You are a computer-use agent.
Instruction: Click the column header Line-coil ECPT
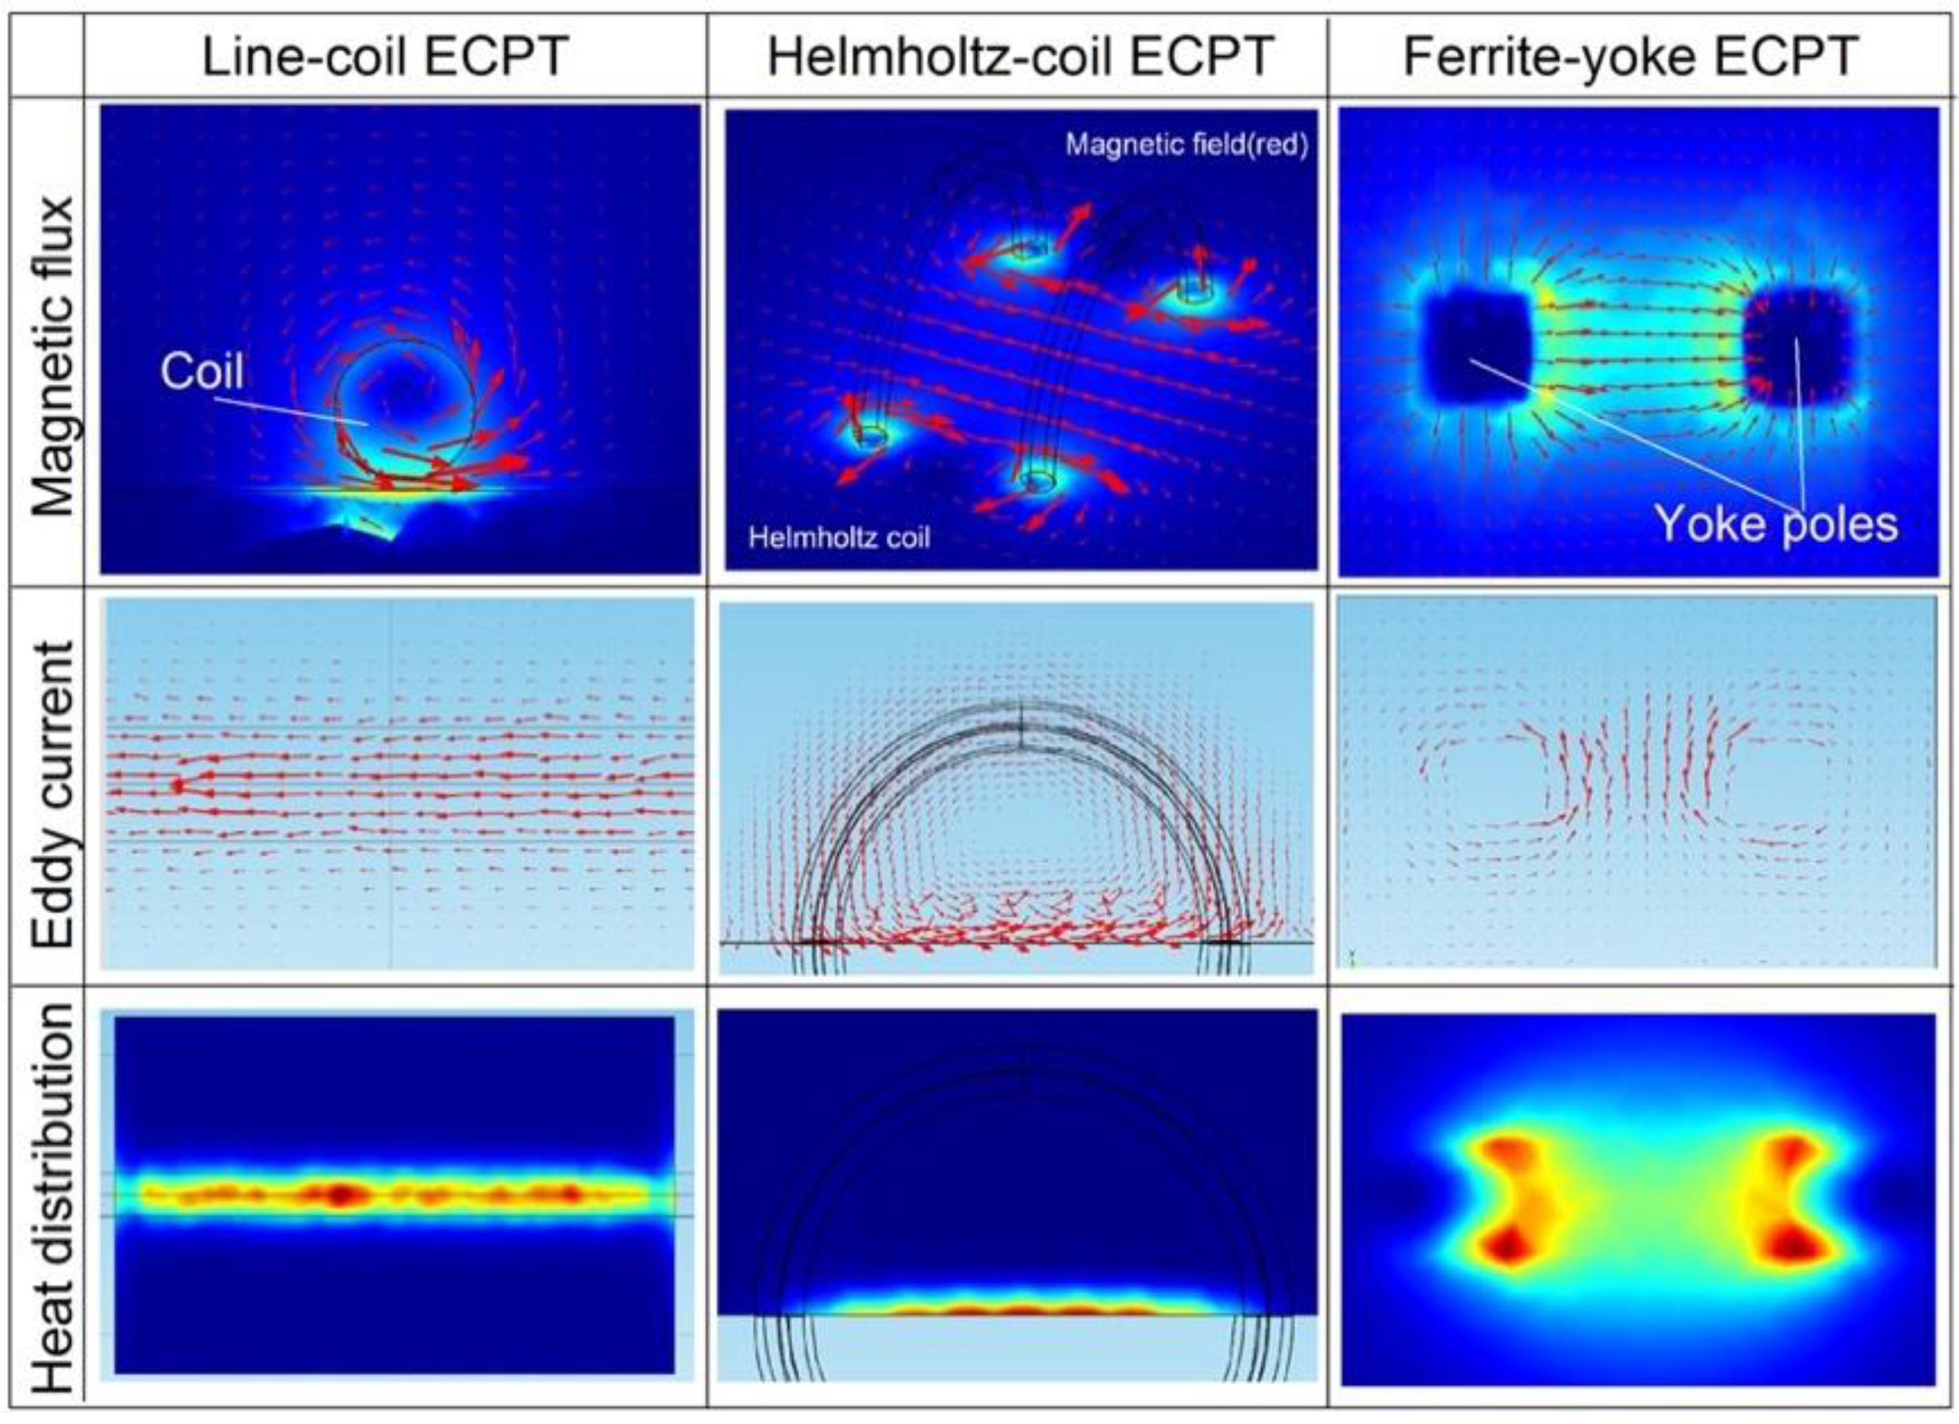click(384, 57)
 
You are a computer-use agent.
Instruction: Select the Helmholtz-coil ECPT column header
click(1020, 57)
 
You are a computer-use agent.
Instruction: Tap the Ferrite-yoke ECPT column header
click(1630, 57)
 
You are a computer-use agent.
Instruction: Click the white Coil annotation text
click(202, 372)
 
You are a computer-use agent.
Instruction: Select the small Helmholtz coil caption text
click(839, 538)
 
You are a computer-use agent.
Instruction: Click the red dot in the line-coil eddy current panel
click(178, 785)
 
